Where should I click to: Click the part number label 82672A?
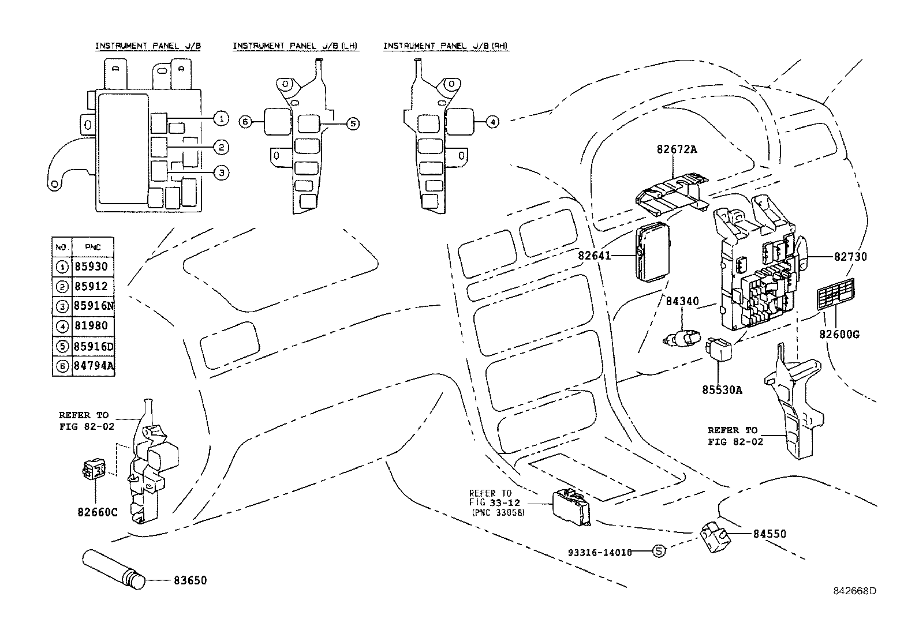[x=676, y=149]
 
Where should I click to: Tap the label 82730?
[x=850, y=257]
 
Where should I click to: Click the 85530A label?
[x=722, y=390]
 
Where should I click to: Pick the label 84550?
[x=769, y=534]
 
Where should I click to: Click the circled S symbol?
[x=659, y=552]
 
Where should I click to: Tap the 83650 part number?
[x=190, y=580]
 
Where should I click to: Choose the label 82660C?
[x=98, y=512]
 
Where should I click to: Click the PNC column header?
[x=92, y=247]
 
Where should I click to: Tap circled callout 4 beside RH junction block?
[x=492, y=122]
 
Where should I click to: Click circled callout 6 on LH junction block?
[x=245, y=122]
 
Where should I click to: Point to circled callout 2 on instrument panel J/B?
[x=221, y=148]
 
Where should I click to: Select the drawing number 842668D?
[x=854, y=591]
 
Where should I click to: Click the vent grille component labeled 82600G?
[x=838, y=295]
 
